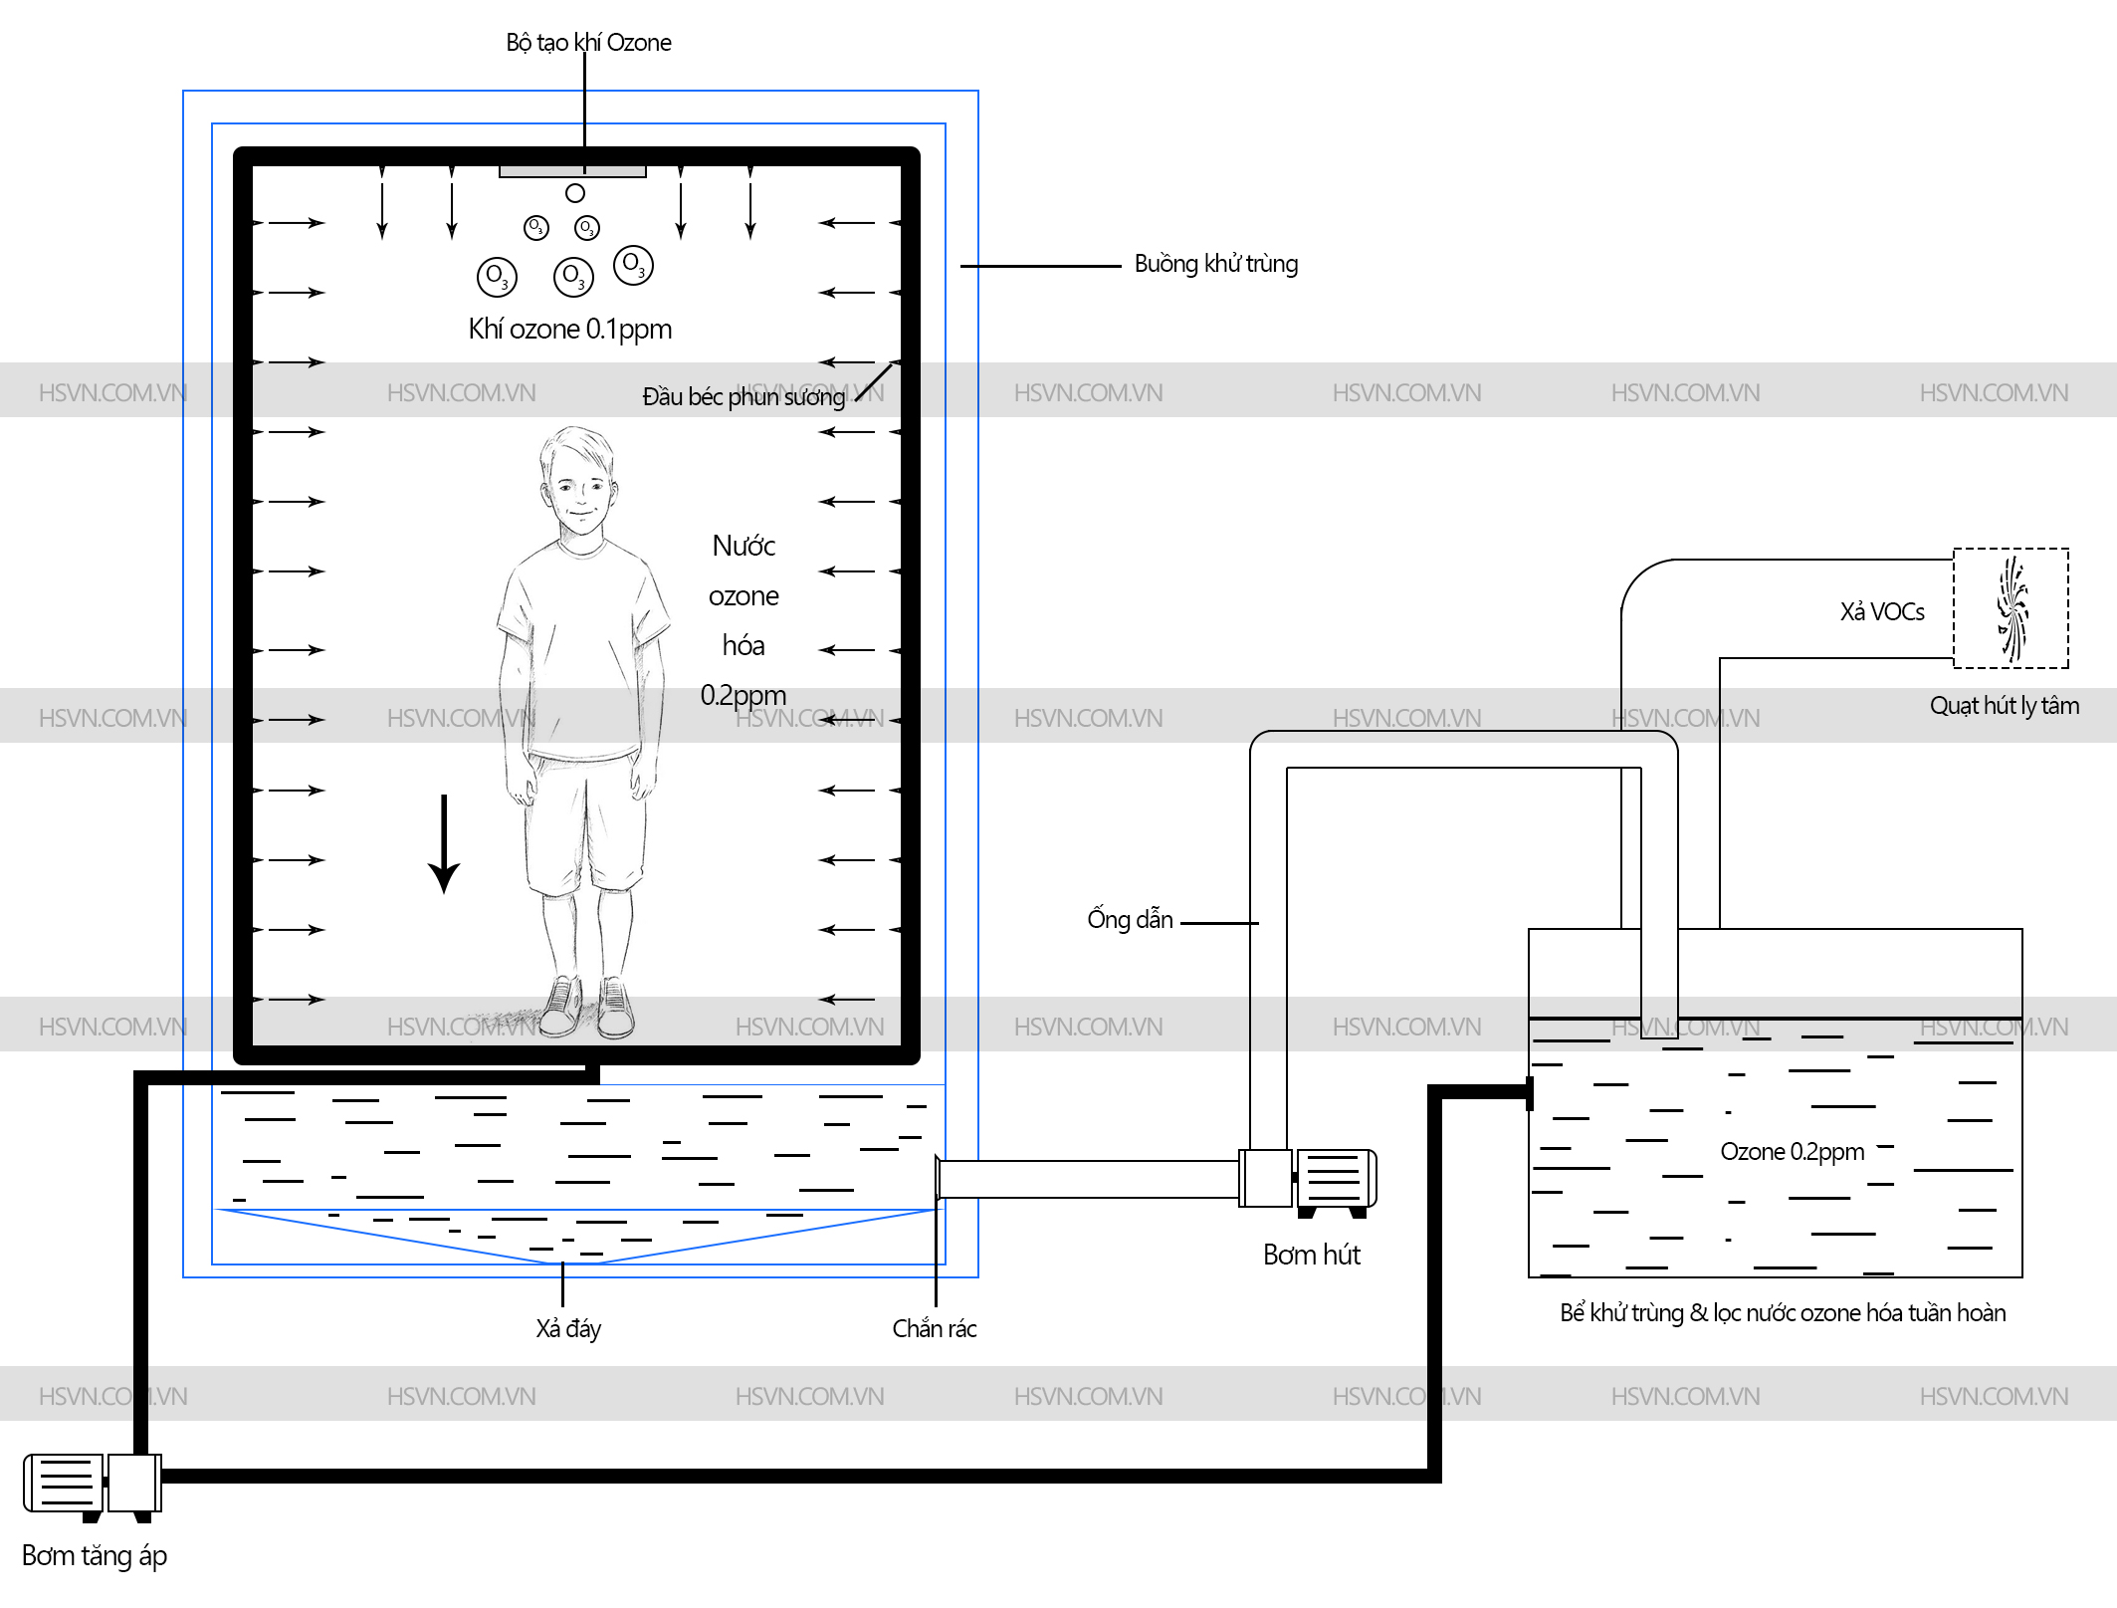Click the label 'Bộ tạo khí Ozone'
pos(588,43)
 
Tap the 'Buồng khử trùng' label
pos(1215,264)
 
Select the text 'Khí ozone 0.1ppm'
pos(569,329)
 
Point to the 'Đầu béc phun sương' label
pos(742,397)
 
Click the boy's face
pos(579,493)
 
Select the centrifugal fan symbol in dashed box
pos(2011,608)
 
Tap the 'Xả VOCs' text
pos(1881,611)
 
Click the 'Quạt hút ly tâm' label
pos(2004,706)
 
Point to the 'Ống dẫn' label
pos(1130,919)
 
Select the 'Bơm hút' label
pos(1311,1255)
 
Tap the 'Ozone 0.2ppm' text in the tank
pos(1792,1152)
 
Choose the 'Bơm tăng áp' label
pos(95,1555)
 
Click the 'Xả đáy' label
pos(568,1328)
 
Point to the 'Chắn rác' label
pos(934,1328)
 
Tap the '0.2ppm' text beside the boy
pos(742,695)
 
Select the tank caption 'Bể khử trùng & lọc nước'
pos(1782,1313)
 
